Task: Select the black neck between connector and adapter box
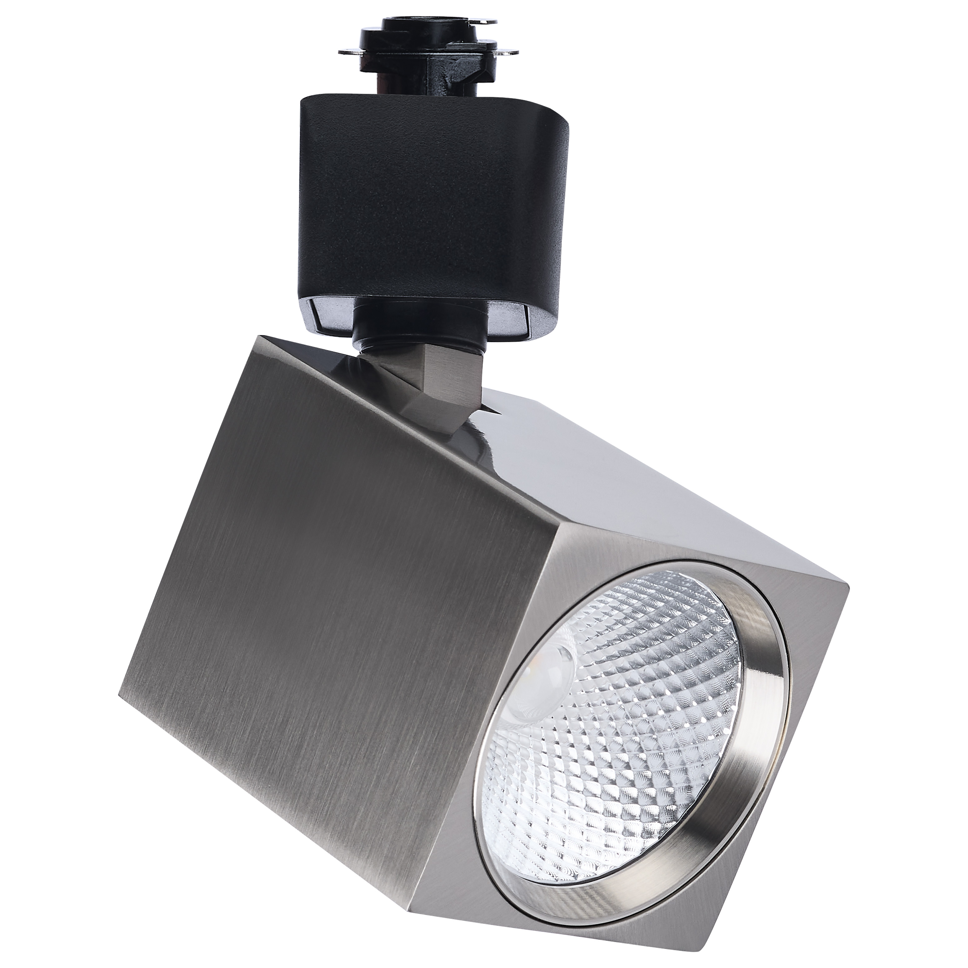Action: point(401,83)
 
